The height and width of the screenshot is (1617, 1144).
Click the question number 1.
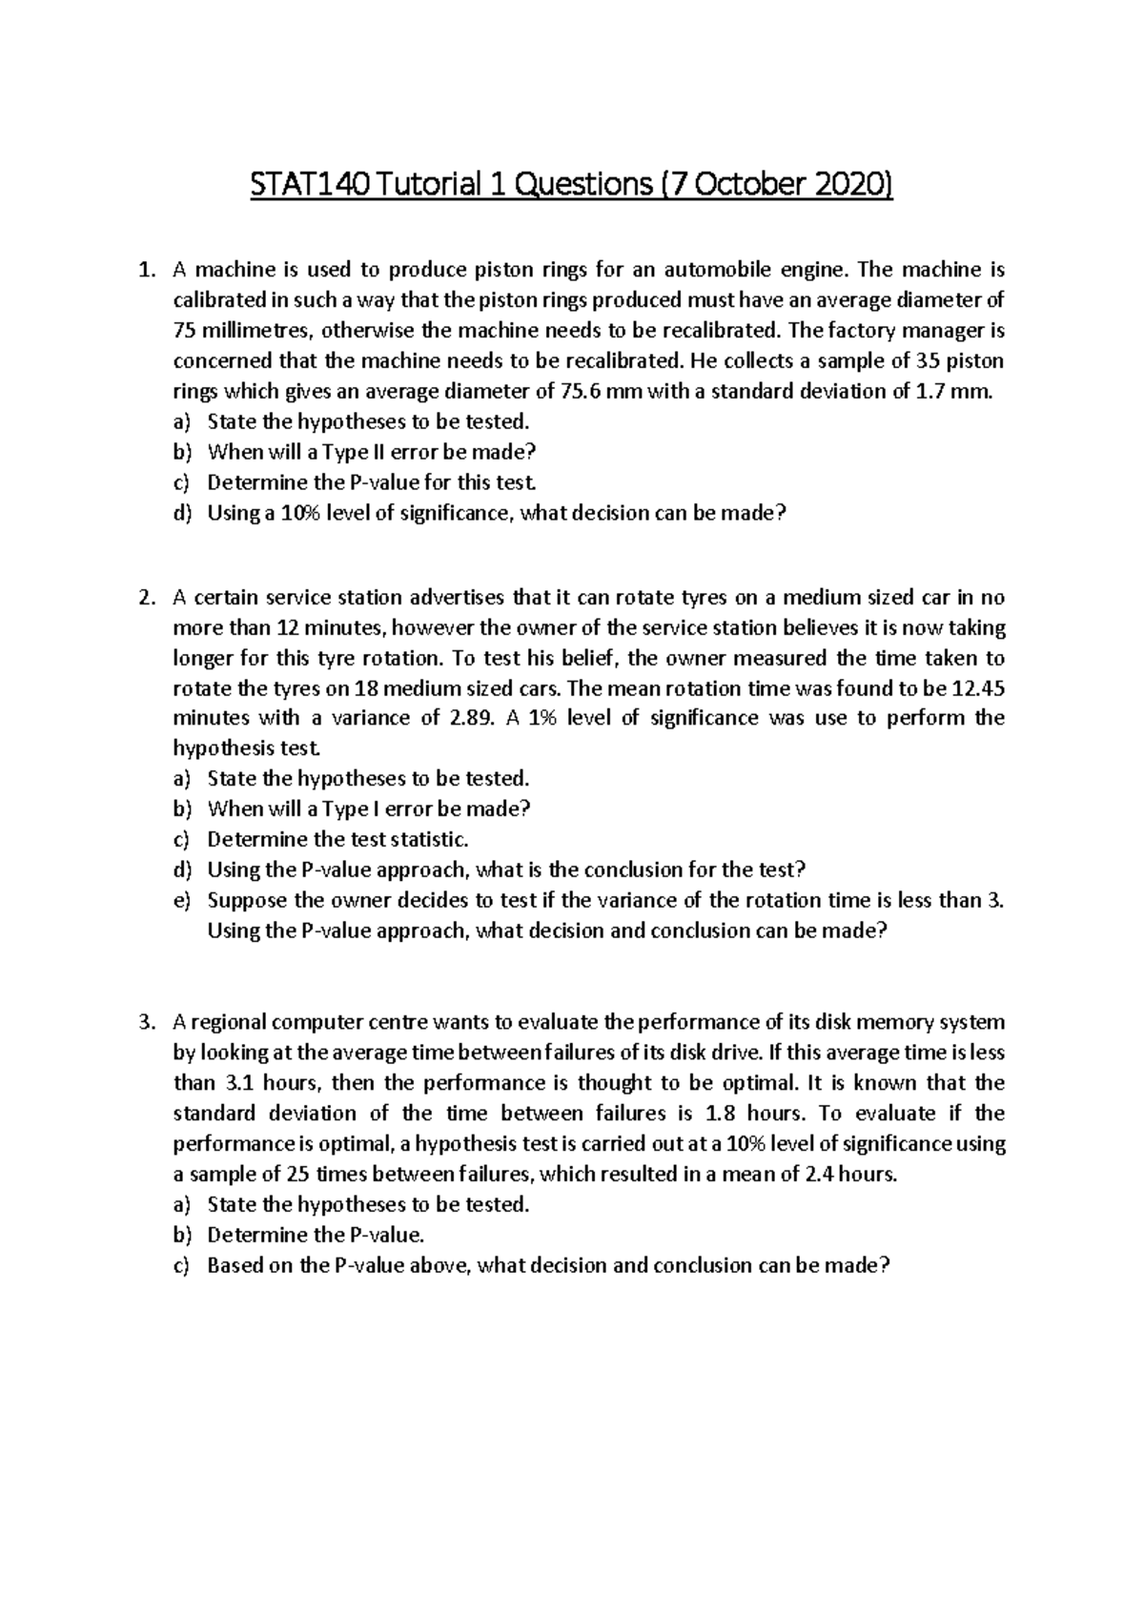coord(145,270)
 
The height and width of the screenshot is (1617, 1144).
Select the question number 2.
coord(145,598)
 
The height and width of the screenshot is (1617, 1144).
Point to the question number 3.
coord(145,1022)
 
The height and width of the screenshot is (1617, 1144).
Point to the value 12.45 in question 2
coord(979,688)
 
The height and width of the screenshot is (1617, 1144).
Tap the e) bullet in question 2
coord(182,900)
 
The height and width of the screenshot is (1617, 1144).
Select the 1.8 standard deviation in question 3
coord(720,1114)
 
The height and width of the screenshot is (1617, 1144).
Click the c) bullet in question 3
coord(182,1266)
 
